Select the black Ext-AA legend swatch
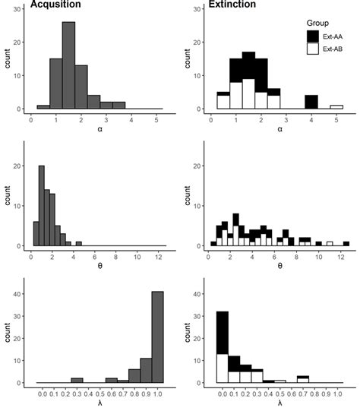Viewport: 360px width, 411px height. [312, 36]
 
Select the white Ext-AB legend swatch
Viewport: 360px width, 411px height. [312, 49]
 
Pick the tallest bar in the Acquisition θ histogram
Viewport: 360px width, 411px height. [42, 206]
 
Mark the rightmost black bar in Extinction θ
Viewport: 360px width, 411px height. [346, 243]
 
